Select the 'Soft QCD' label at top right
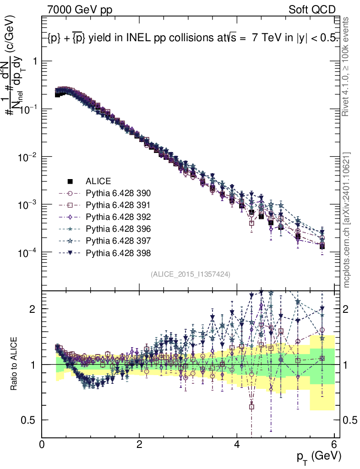[312, 10]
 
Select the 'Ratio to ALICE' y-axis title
[15, 364]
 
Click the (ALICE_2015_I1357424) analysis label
[190, 274]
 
